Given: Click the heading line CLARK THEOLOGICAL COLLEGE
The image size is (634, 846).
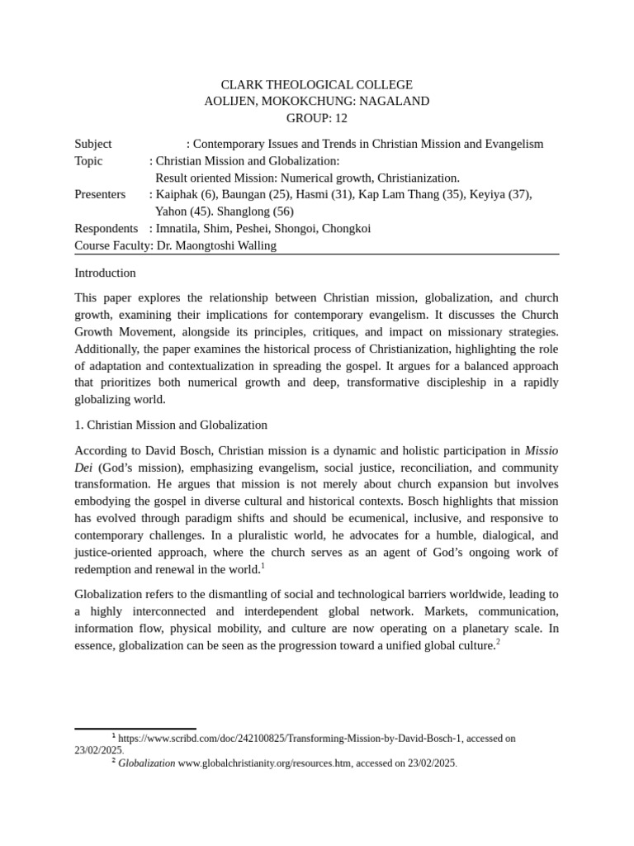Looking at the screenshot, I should click(x=317, y=85).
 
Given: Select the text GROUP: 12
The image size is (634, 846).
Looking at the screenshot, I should click(x=317, y=118).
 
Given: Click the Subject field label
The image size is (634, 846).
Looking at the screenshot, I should click(x=93, y=144).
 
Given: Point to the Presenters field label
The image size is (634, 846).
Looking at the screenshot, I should click(x=100, y=194).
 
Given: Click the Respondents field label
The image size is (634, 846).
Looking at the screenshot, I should click(x=106, y=228).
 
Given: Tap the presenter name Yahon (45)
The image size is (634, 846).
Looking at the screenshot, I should click(x=184, y=211).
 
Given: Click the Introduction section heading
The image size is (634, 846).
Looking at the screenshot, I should click(x=105, y=273).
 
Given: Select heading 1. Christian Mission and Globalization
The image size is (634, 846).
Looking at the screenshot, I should click(x=171, y=425).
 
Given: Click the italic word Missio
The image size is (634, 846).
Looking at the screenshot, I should click(x=542, y=450).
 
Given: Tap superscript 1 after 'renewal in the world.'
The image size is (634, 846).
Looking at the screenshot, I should click(x=263, y=566).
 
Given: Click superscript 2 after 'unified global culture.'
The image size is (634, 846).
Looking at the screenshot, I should click(x=498, y=642).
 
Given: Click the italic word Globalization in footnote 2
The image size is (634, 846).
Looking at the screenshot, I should click(x=146, y=763).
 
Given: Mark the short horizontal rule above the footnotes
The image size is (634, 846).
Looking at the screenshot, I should click(x=135, y=729).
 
